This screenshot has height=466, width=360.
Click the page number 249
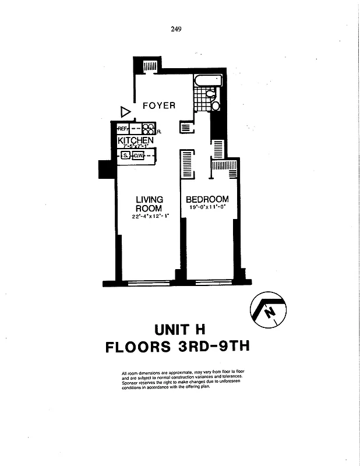point(177,31)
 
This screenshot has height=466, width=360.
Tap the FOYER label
point(159,105)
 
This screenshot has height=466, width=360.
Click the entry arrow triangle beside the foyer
point(125,111)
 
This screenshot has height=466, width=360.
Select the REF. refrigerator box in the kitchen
point(123,129)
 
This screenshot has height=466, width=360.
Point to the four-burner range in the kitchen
point(148,129)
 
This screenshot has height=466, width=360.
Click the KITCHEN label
point(136,140)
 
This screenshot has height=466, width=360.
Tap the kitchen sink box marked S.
point(125,156)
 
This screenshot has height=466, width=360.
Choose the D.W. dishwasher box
point(138,156)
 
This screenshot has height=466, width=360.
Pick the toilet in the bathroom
point(214,106)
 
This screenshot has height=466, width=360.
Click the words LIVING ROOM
point(149,204)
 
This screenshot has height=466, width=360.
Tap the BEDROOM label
point(207,199)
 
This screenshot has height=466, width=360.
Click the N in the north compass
point(269,313)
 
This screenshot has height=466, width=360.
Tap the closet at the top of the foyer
point(149,67)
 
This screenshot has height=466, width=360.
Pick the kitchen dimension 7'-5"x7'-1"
point(136,147)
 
